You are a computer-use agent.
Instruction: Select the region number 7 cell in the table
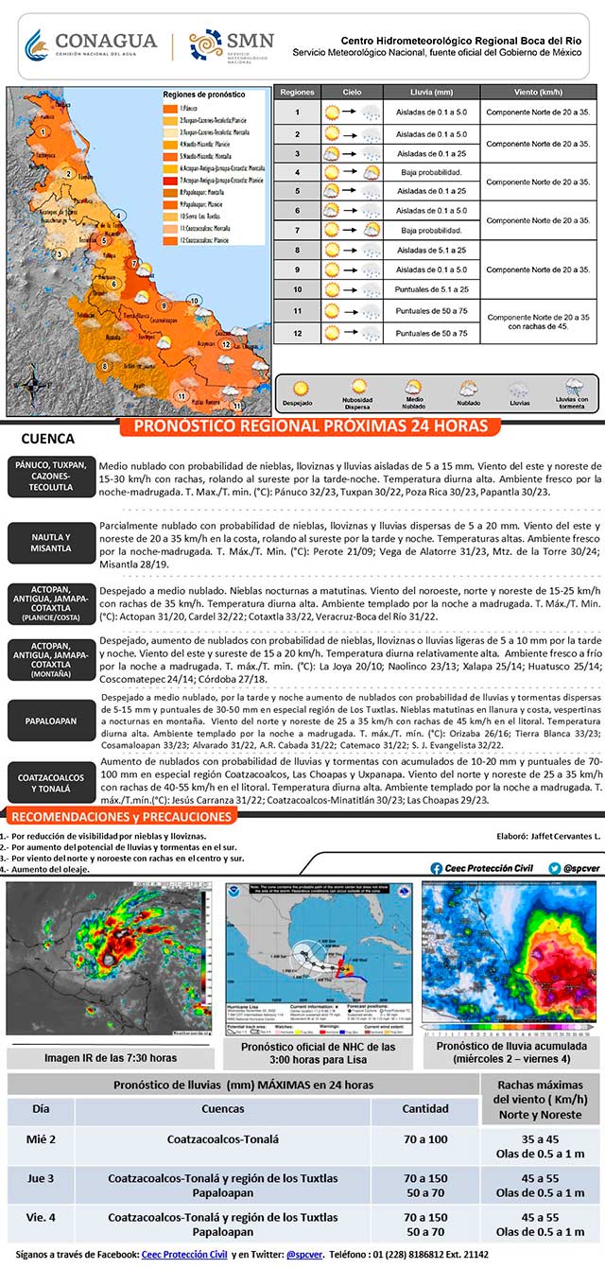[x=297, y=230]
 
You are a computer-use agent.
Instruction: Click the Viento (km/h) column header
[x=538, y=93]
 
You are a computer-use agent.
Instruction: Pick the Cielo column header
[x=352, y=93]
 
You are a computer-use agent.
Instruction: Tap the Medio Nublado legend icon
[x=414, y=388]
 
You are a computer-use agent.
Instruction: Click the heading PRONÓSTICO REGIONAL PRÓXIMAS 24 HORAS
[x=311, y=426]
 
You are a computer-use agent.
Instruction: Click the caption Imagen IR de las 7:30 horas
[x=111, y=1057]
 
